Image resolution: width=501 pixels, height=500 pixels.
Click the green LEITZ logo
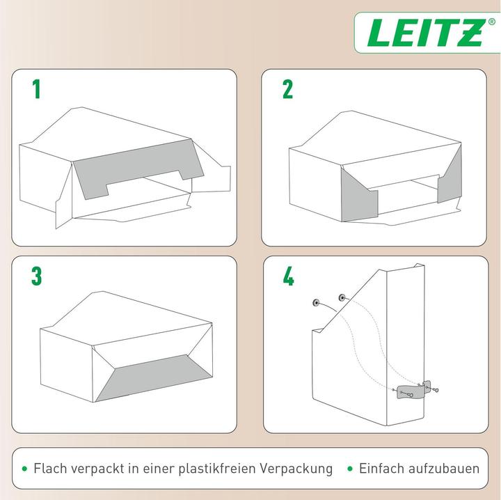pyautogui.click(x=424, y=33)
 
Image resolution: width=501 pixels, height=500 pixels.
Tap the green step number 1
pyautogui.click(x=37, y=89)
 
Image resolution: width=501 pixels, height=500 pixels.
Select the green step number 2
pyautogui.click(x=287, y=89)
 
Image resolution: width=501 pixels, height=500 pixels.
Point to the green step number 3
pyautogui.click(x=36, y=276)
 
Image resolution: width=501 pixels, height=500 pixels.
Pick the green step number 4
pyautogui.click(x=288, y=276)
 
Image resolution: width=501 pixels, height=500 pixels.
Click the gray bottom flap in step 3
pyautogui.click(x=154, y=377)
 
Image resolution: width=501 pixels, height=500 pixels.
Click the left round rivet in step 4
pyautogui.click(x=316, y=302)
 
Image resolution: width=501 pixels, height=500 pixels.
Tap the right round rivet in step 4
pyautogui.click(x=342, y=298)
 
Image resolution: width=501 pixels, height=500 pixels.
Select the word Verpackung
pyautogui.click(x=296, y=469)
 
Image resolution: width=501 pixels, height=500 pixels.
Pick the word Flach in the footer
pyautogui.click(x=50, y=469)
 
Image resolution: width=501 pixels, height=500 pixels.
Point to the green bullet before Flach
pyautogui.click(x=24, y=469)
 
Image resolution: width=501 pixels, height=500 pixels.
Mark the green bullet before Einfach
pyautogui.click(x=350, y=469)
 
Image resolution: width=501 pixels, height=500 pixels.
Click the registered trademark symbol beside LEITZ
pyautogui.click(x=491, y=22)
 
